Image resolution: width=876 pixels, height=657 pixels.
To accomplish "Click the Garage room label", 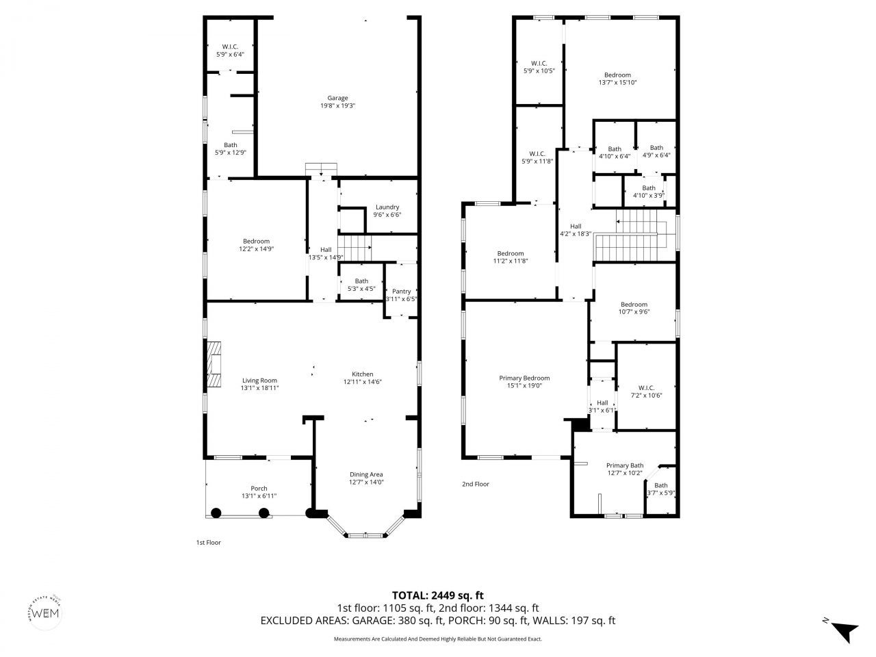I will coord(337,98).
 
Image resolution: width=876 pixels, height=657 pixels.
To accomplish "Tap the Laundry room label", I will coord(387,207).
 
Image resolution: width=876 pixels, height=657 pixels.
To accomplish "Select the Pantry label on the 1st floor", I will coord(401,292).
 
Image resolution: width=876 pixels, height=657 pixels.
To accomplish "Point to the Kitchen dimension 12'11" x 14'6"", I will coord(362,383).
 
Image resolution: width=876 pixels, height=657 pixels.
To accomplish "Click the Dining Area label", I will coord(366,474).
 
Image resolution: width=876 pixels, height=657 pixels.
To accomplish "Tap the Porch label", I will coord(259,488).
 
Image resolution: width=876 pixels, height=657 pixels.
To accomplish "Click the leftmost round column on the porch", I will coord(216,513).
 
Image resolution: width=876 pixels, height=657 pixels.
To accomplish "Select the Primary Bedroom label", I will coord(524,378).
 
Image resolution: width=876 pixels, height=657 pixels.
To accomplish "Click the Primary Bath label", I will coord(625,465).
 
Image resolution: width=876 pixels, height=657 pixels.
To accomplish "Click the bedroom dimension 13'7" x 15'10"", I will coord(617,83).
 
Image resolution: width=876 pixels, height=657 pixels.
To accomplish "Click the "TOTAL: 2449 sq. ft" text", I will coord(438,595).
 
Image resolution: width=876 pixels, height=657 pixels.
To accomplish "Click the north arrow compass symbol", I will coord(843,630).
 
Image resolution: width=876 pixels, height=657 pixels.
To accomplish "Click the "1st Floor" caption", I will coord(209,543).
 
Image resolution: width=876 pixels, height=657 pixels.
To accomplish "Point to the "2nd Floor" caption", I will coord(476,484).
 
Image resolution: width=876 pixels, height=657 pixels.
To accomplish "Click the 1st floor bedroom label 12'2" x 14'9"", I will coord(256,241).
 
